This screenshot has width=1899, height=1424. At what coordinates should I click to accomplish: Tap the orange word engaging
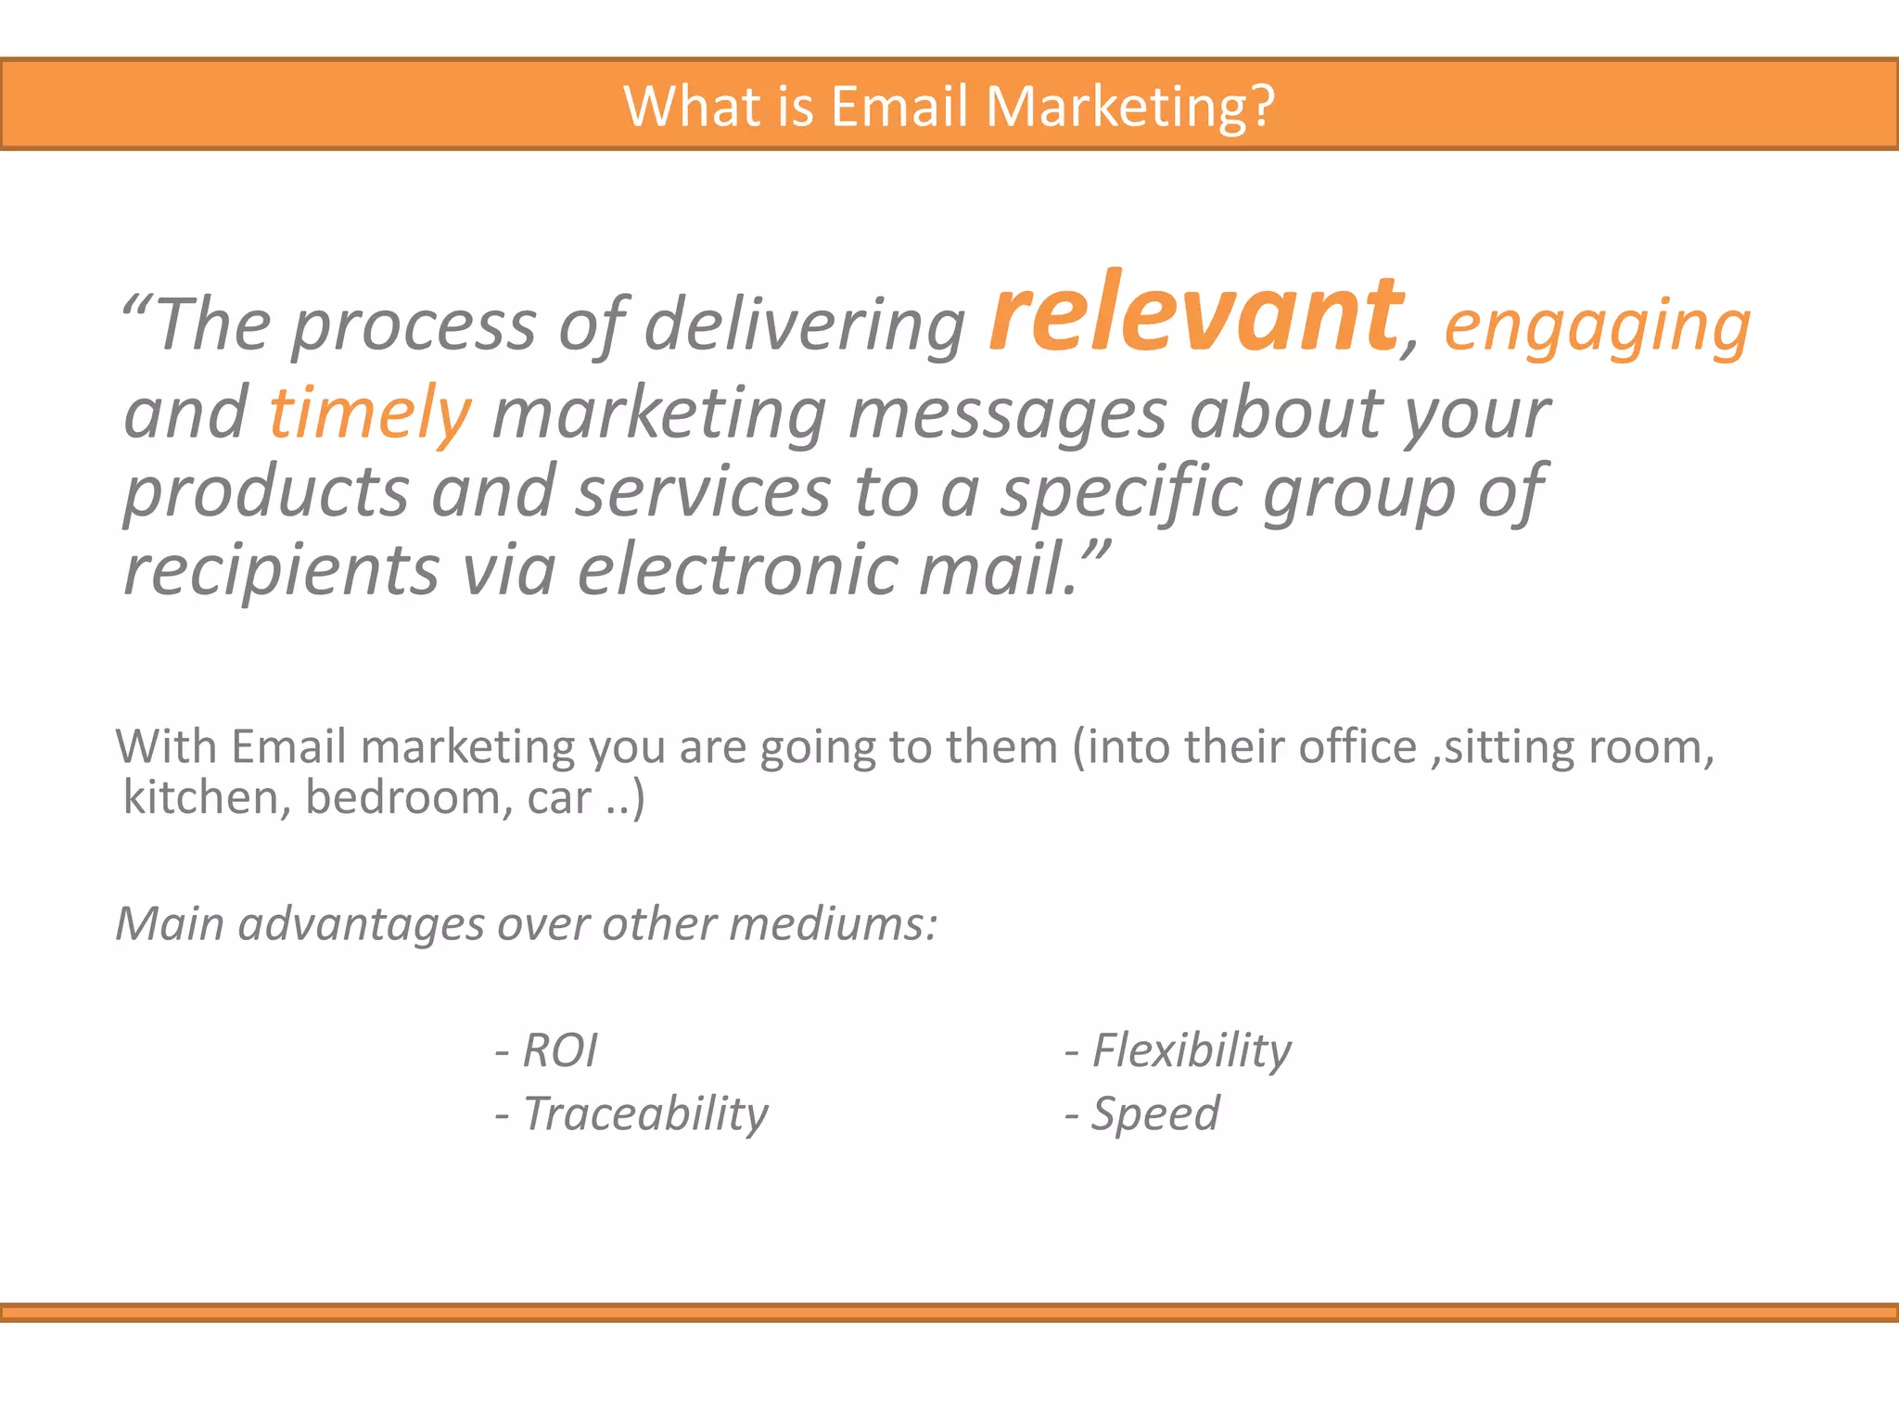(x=1597, y=326)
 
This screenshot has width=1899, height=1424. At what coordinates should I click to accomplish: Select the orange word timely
(x=370, y=413)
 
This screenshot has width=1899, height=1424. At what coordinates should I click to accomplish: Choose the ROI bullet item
(x=560, y=1050)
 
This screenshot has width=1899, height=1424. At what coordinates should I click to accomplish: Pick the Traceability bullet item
(x=645, y=1113)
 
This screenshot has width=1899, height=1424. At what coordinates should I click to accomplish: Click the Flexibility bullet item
(x=1191, y=1050)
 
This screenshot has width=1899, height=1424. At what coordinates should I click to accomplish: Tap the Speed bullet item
(x=1154, y=1113)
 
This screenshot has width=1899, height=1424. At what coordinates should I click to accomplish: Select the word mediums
(x=832, y=924)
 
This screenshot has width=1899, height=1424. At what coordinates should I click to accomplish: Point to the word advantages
(x=361, y=924)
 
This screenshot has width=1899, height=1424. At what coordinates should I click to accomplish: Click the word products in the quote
(x=266, y=492)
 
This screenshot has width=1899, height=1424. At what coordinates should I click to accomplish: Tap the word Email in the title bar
(x=899, y=106)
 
